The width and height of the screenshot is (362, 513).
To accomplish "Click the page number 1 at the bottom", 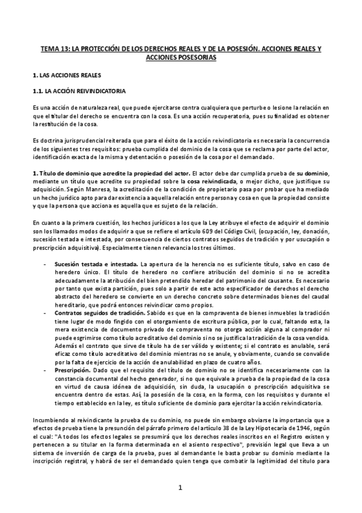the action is click(x=181, y=488).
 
